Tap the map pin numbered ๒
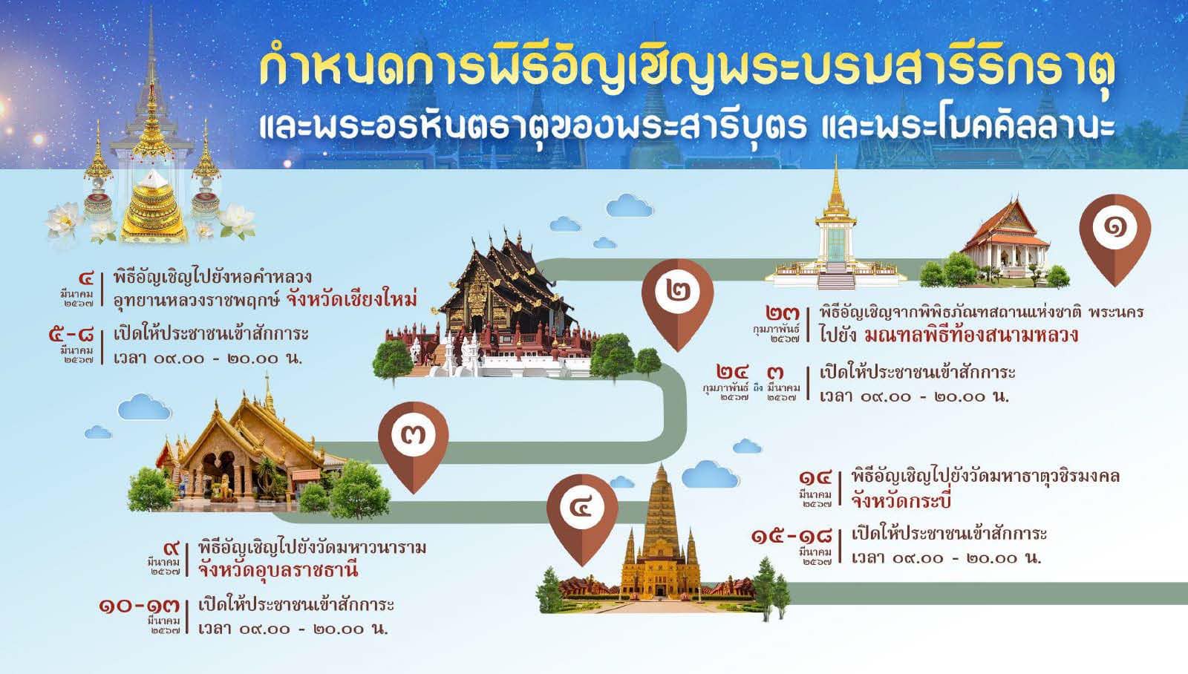(677, 294)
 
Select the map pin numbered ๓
(413, 437)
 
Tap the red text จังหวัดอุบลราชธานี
(278, 570)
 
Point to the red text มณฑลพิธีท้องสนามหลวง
(971, 335)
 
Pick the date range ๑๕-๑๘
(791, 535)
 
